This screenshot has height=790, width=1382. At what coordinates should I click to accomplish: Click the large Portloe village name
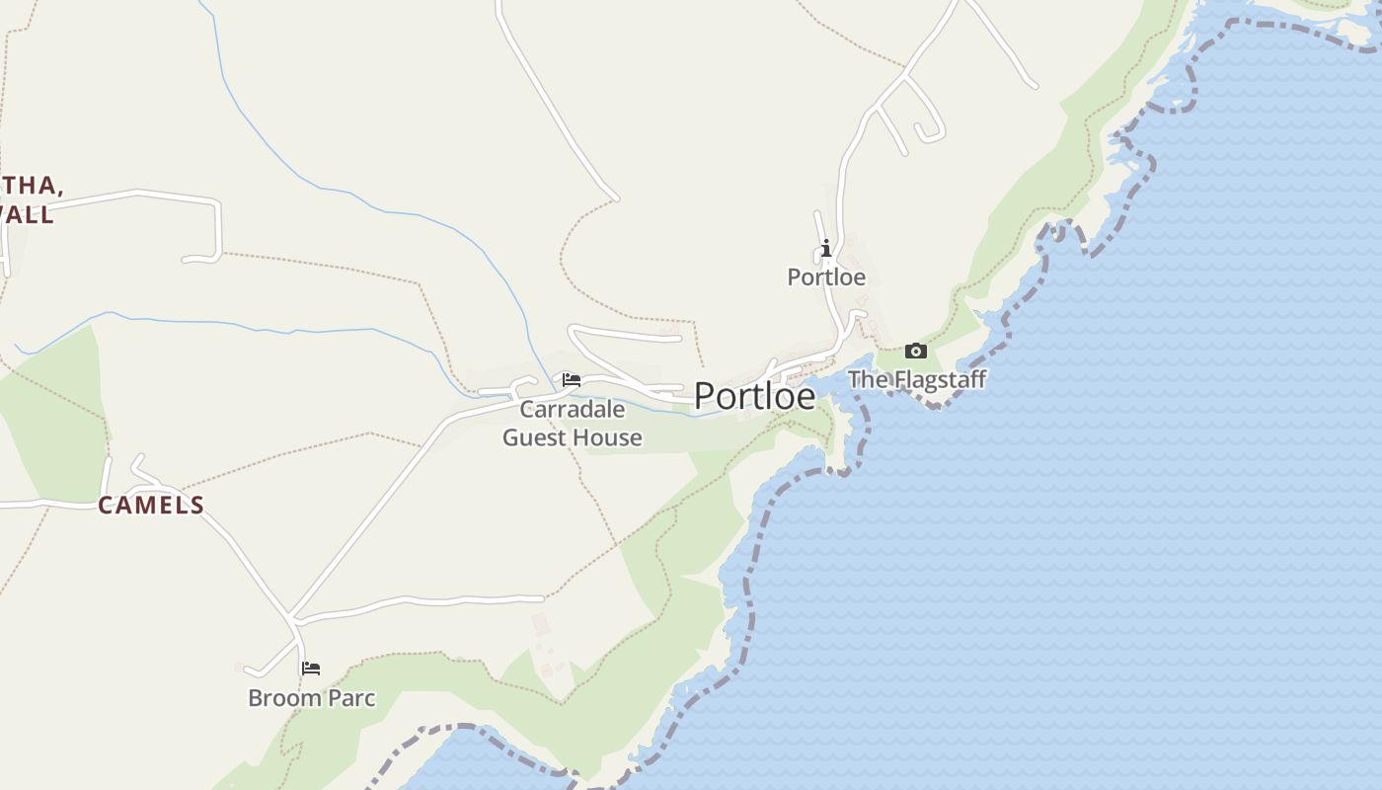click(754, 396)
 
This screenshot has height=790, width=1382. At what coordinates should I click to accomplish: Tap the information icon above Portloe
click(826, 248)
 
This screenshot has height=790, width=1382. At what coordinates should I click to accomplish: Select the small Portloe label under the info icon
click(826, 277)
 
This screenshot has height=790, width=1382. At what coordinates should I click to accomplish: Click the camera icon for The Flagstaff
click(916, 351)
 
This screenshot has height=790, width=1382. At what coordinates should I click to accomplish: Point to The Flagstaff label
click(917, 379)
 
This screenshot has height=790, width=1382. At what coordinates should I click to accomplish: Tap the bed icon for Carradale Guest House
click(572, 380)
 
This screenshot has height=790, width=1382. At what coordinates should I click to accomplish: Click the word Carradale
click(573, 409)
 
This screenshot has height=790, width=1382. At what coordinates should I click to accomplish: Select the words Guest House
click(573, 437)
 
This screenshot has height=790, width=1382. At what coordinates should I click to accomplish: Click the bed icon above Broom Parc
click(311, 669)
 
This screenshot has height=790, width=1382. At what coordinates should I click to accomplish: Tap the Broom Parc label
click(311, 698)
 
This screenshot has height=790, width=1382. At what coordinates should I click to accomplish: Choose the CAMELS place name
click(151, 506)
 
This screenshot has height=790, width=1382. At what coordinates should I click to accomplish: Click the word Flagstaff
click(936, 379)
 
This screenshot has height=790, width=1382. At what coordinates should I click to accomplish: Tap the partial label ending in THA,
click(33, 186)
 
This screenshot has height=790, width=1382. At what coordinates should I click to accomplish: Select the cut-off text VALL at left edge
click(28, 214)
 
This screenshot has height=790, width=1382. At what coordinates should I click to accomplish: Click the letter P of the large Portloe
click(705, 396)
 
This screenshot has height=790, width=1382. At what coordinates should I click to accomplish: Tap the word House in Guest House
click(610, 437)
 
